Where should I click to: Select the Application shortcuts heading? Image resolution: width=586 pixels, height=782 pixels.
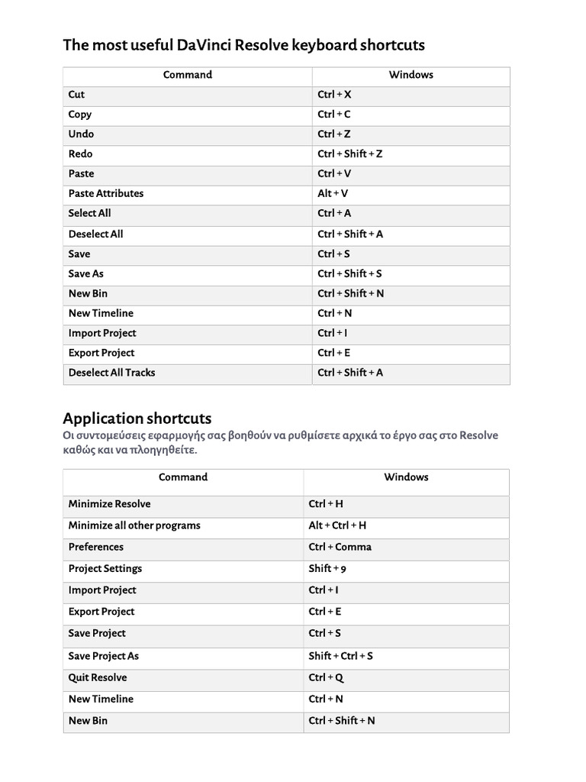pos(137,418)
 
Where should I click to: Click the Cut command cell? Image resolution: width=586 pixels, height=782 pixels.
pos(76,95)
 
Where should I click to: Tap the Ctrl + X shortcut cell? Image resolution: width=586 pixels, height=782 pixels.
pos(334,95)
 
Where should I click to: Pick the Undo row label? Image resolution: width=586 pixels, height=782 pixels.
pos(81,134)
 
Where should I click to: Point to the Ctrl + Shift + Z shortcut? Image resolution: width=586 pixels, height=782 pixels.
pos(350,154)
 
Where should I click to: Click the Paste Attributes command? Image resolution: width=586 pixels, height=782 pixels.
pos(105,194)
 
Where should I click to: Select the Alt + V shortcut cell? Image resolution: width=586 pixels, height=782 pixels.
pos(333,194)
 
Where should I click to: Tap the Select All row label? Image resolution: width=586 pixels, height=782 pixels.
pos(89,214)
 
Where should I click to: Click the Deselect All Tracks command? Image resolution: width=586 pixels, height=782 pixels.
pos(111,373)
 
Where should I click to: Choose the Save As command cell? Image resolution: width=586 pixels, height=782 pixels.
pos(85,273)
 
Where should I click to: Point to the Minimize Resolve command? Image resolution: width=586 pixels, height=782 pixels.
pos(109,504)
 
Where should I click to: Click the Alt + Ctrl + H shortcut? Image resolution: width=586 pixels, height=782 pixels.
pos(337,525)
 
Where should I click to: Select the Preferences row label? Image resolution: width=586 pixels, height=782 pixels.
pos(95,547)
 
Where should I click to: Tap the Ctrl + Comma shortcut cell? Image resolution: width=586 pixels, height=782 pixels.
pos(340,547)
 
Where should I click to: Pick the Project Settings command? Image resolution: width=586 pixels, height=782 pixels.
pos(105,569)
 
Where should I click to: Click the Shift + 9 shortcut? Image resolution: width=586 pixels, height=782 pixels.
pos(327,569)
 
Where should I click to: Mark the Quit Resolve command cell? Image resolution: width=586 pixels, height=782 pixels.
pos(98,677)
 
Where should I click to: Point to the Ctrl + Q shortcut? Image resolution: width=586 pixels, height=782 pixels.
pos(326,677)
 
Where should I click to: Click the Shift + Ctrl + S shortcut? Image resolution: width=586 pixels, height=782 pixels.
pos(340,656)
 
